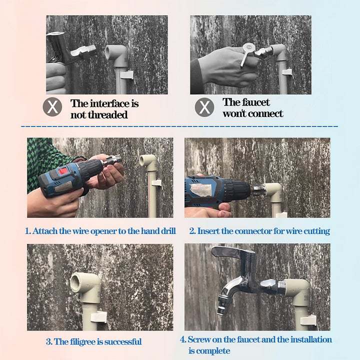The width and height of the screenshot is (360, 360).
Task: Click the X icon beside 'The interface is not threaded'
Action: [x=52, y=107]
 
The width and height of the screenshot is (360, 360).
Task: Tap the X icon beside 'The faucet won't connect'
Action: [x=204, y=107]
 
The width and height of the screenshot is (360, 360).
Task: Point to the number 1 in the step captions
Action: [x=27, y=231]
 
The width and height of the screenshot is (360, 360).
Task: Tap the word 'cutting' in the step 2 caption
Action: [x=317, y=231]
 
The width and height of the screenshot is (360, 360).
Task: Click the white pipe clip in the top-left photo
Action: [x=127, y=75]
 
